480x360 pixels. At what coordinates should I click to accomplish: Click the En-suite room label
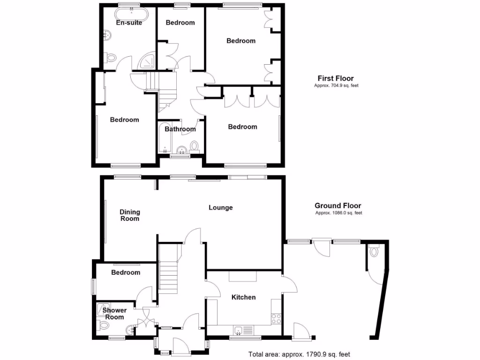pos(129,22)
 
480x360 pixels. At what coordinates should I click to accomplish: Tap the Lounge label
pos(220,207)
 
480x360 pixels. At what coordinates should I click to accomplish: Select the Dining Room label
pos(130,215)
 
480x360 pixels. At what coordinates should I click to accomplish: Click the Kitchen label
pos(244,297)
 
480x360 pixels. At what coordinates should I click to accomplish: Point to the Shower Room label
pos(114,314)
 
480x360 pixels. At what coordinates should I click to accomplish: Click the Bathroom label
pos(180,129)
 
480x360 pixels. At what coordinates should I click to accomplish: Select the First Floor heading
pos(336,78)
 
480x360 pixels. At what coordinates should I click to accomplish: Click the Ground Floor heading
pos(337,205)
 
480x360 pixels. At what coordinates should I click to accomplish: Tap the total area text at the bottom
pos(299,354)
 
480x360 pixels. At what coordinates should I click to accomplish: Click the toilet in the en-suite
pos(111,58)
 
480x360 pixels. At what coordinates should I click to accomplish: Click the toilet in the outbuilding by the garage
pos(374,252)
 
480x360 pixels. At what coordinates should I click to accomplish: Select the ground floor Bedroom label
pos(126,272)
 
